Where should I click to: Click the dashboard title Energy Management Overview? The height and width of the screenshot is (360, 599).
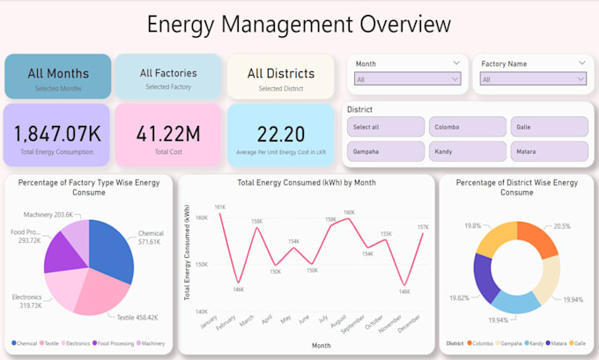(x=299, y=24)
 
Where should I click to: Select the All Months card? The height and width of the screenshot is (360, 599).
(x=58, y=77)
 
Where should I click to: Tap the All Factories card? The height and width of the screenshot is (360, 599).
(x=168, y=77)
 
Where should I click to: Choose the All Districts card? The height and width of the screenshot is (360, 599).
(x=281, y=77)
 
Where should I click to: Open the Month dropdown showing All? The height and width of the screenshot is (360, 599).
(x=407, y=79)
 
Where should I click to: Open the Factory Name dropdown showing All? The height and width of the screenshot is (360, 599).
(x=534, y=79)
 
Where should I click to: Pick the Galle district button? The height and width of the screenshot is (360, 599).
(x=549, y=127)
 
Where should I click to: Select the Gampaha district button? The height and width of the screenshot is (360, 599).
(x=386, y=151)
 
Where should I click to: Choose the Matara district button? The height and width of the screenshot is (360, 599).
(x=549, y=151)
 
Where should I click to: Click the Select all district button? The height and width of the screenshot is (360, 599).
(x=386, y=127)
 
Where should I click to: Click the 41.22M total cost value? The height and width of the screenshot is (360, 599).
(x=168, y=134)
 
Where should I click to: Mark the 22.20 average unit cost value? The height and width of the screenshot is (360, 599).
(x=281, y=134)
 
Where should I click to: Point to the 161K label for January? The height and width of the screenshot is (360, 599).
(x=219, y=207)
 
